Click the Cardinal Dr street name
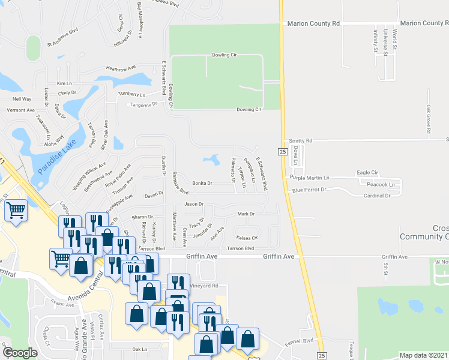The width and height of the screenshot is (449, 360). (x=377, y=196)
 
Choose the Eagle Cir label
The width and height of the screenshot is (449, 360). (x=367, y=173)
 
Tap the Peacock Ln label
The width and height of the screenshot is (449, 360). (x=385, y=184)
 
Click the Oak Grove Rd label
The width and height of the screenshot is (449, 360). (x=429, y=118)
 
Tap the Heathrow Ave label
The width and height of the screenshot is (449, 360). (x=121, y=68)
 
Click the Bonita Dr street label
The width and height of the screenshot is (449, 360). (x=202, y=183)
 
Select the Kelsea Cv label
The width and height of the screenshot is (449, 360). (x=247, y=238)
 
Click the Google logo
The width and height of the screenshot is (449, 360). (x=19, y=353)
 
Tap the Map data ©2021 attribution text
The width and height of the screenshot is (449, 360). (x=423, y=355)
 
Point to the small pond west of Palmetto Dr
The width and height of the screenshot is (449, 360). (x=211, y=160)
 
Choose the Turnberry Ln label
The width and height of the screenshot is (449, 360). (x=131, y=95)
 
